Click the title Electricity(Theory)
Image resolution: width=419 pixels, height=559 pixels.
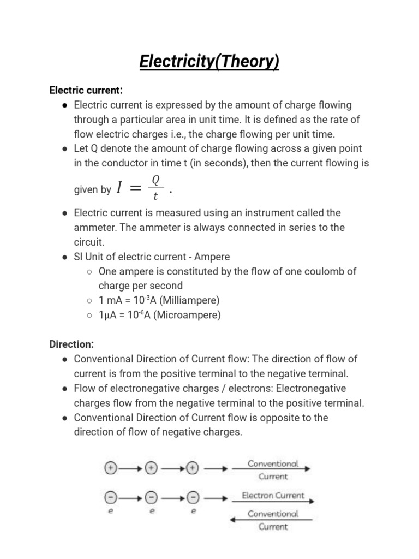209,62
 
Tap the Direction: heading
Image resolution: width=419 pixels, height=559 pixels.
71,344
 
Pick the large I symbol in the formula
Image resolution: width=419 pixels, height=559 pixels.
119,189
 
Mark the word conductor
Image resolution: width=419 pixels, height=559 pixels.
119,163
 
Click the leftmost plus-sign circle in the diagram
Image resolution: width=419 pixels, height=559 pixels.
111,468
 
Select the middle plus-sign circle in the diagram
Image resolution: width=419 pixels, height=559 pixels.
151,468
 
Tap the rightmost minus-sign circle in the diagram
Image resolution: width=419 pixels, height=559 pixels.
192,497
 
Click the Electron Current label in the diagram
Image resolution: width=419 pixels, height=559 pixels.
273,496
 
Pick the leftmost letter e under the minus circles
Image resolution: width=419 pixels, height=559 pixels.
111,512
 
